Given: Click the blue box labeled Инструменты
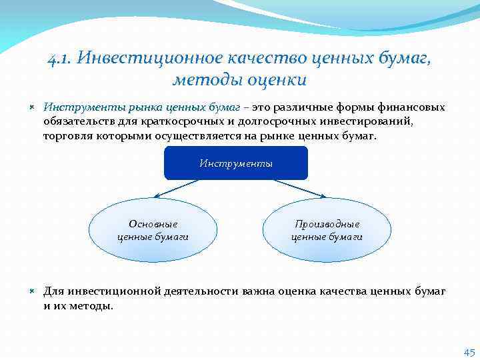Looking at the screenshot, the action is pyautogui.click(x=236, y=163).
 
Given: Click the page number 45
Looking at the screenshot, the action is pyautogui.click(x=469, y=353).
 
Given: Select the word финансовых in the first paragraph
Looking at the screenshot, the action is pyautogui.click(x=411, y=107).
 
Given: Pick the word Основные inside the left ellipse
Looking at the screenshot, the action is pyautogui.click(x=153, y=224).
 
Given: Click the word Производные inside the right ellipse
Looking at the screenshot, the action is pyautogui.click(x=327, y=224).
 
